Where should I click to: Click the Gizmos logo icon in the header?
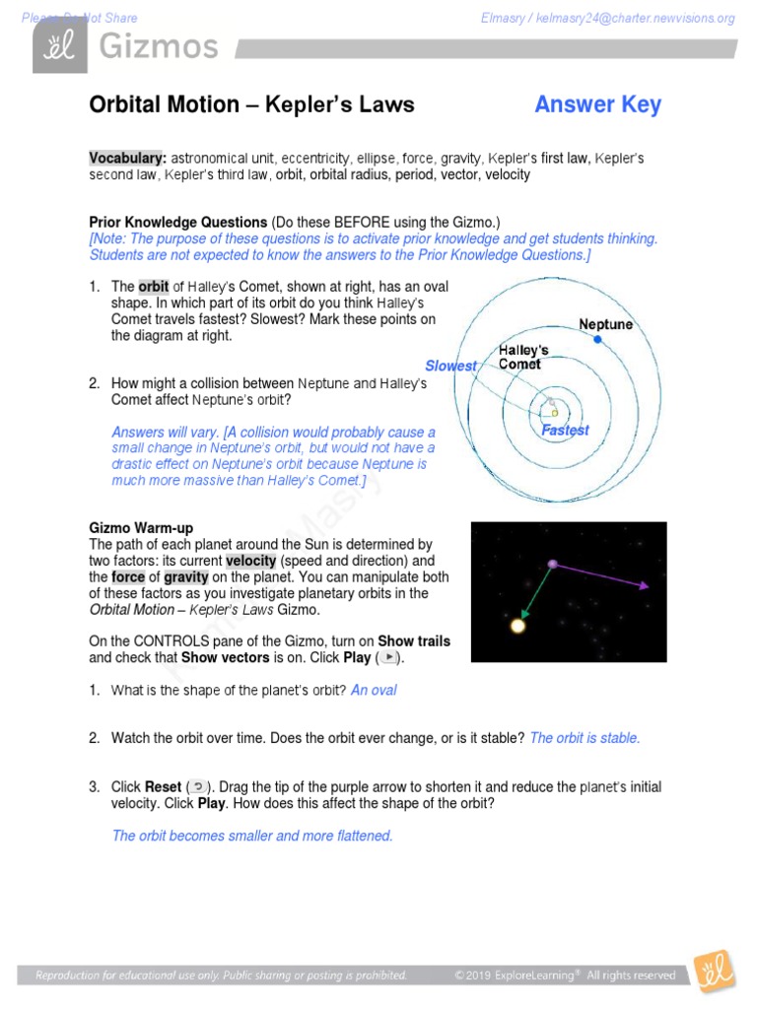pos(53,45)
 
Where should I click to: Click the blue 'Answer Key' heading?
pos(597,104)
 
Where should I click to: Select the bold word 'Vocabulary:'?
pos(127,158)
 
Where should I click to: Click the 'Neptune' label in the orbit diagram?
pos(605,324)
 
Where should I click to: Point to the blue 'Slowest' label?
pos(450,366)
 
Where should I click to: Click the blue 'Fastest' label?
pos(565,430)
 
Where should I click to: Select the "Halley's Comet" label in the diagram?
pos(523,357)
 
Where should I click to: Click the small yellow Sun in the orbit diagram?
pos(554,413)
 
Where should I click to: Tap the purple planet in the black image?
pos(553,564)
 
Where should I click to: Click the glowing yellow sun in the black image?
pos(516,625)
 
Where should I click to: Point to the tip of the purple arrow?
pos(647,585)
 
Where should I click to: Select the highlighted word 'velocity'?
pos(250,561)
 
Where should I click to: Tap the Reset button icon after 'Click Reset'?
pos(198,786)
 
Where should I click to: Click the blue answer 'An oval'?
pos(374,690)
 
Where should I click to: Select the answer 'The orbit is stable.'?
pos(585,738)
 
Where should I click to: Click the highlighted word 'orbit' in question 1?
pos(153,287)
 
